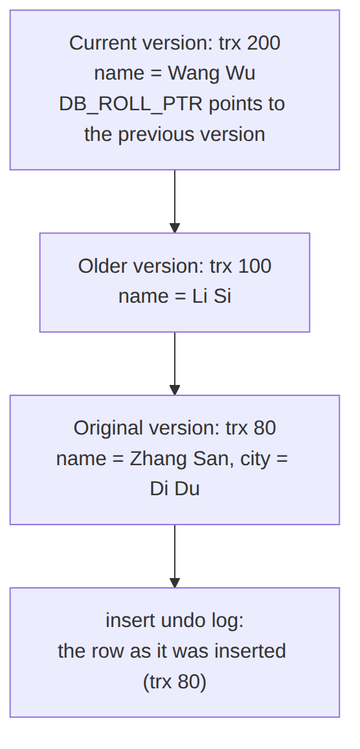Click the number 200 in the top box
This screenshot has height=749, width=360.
[263, 43]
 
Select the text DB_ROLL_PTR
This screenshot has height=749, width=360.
[131, 104]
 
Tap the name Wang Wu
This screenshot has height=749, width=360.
[211, 74]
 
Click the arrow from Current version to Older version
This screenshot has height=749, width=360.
[175, 202]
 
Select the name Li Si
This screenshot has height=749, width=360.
[211, 297]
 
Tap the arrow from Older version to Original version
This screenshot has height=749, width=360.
[175, 363]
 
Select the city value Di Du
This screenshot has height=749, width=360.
[175, 489]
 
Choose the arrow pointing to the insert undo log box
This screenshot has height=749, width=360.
[175, 557]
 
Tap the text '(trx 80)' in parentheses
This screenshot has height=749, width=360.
[175, 682]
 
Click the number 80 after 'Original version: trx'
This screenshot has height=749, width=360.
[265, 428]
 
